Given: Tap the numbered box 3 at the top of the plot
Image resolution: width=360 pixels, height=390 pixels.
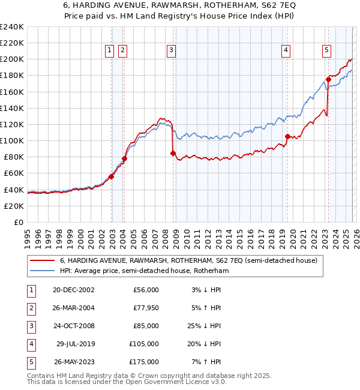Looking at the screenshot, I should click(x=172, y=51).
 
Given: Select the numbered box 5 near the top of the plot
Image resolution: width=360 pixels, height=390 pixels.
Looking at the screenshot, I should click(x=326, y=51).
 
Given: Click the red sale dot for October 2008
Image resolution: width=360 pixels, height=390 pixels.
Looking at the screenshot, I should click(x=173, y=153).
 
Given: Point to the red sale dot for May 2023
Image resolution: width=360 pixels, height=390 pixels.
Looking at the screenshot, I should click(x=328, y=79).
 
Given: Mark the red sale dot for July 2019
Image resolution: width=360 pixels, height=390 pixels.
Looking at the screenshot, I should click(x=287, y=136).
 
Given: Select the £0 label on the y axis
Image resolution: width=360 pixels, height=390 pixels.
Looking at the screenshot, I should click(x=18, y=222).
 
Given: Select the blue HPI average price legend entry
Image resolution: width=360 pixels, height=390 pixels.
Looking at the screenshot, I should click(x=144, y=271).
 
